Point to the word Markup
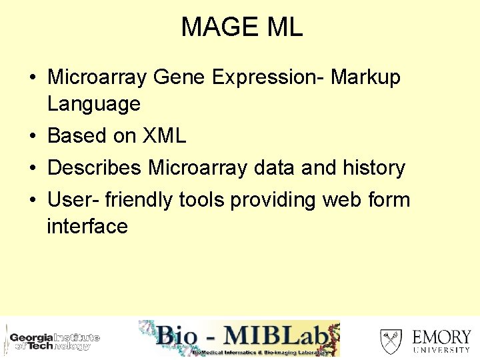[x=365, y=77]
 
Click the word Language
[x=94, y=104]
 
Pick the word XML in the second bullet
[x=164, y=136]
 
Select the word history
[x=374, y=167]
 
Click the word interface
[x=87, y=227]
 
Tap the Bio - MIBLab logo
[x=239, y=339]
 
